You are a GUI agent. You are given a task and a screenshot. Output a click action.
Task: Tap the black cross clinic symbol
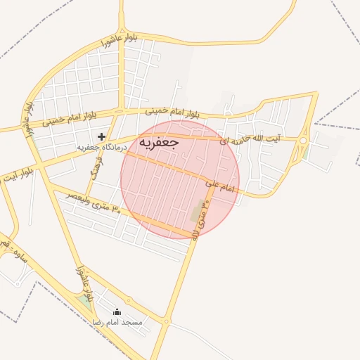[101, 136]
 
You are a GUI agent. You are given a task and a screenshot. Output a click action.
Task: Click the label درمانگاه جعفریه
[101, 148]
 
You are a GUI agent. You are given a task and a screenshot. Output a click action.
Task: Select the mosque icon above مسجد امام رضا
[117, 311]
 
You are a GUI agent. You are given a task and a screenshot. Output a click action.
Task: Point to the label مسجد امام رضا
[117, 321]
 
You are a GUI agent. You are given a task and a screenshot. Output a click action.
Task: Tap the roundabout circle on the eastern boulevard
[303, 141]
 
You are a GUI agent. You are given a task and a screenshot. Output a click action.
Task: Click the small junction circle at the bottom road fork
[167, 322]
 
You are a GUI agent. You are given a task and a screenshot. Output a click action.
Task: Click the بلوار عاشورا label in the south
[83, 281]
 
